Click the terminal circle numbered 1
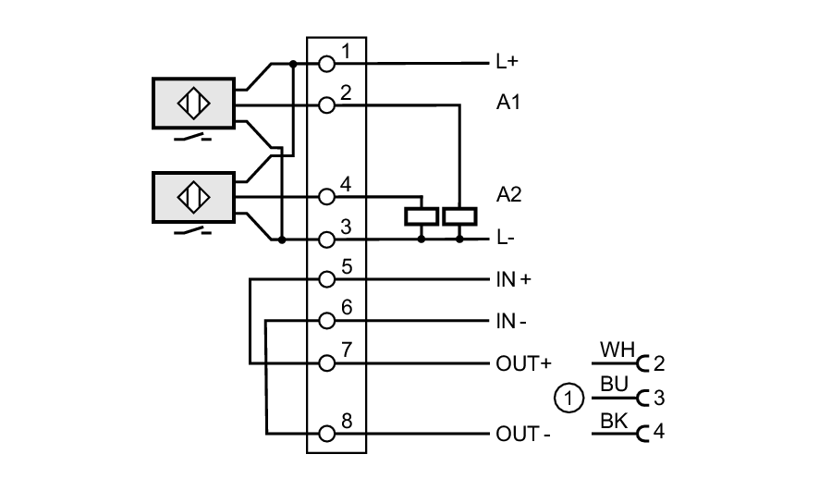325,64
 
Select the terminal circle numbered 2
325,105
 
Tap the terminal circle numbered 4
325,196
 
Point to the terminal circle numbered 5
325,278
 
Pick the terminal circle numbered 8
325,433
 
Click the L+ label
507,64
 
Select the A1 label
508,104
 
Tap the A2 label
508,194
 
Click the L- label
505,239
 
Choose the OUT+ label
523,362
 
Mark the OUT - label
523,434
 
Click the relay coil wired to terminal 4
421,217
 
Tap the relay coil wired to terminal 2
459,217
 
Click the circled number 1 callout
569,399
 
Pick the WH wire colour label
615,350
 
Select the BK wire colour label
613,422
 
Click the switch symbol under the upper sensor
192,138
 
